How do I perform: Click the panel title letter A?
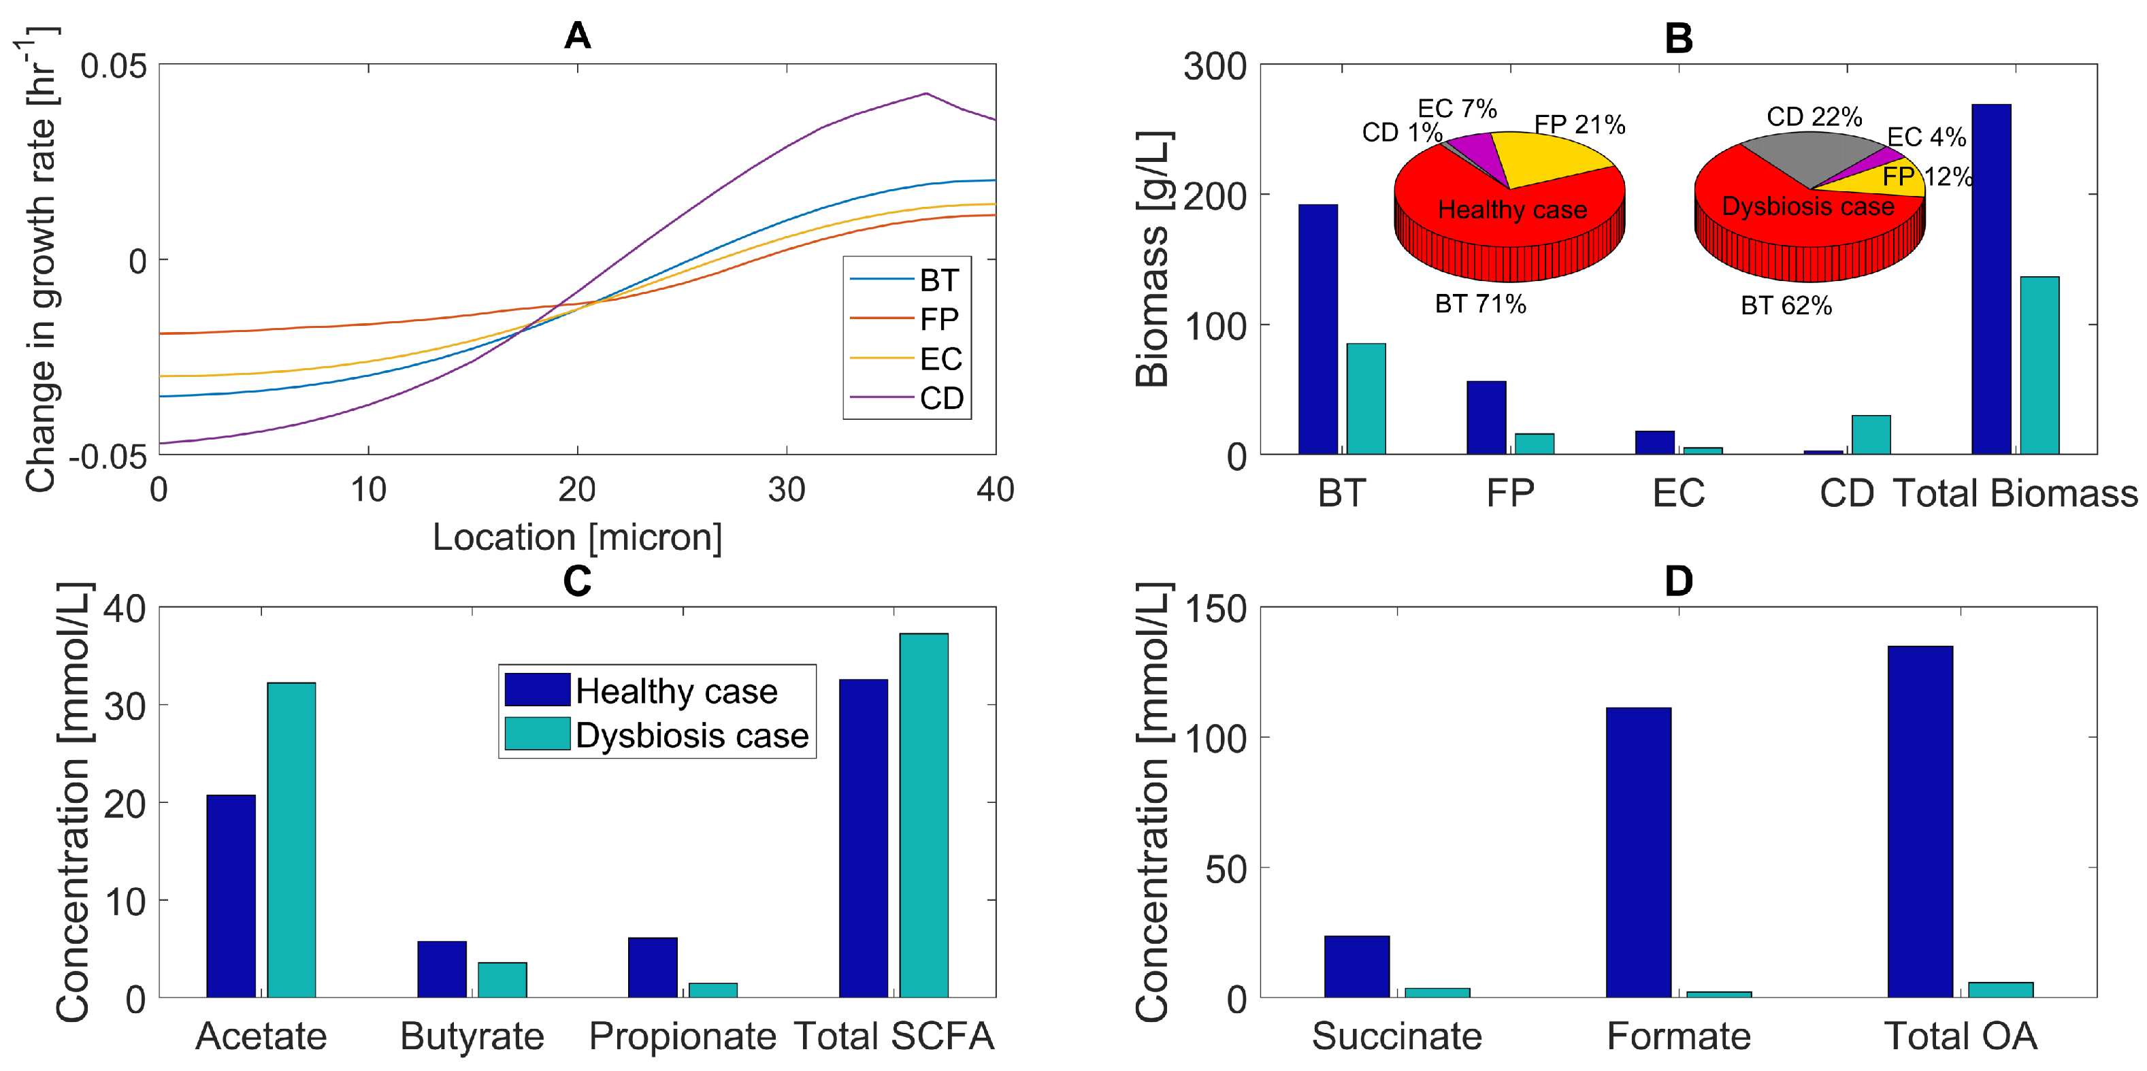tap(578, 36)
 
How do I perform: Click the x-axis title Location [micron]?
tap(577, 538)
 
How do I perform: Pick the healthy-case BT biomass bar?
tap(1317, 329)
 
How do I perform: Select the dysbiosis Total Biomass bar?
tap(2039, 365)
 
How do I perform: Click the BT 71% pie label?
tap(1480, 304)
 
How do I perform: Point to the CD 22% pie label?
tap(1814, 116)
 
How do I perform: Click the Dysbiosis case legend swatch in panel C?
tap(538, 734)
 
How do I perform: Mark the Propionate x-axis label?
tap(683, 1037)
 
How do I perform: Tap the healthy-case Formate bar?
tap(1638, 852)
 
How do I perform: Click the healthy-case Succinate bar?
tap(1356, 966)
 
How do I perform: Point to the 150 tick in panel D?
tap(1215, 609)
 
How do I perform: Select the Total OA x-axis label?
tap(1961, 1037)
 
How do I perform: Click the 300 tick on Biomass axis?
tap(1215, 67)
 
